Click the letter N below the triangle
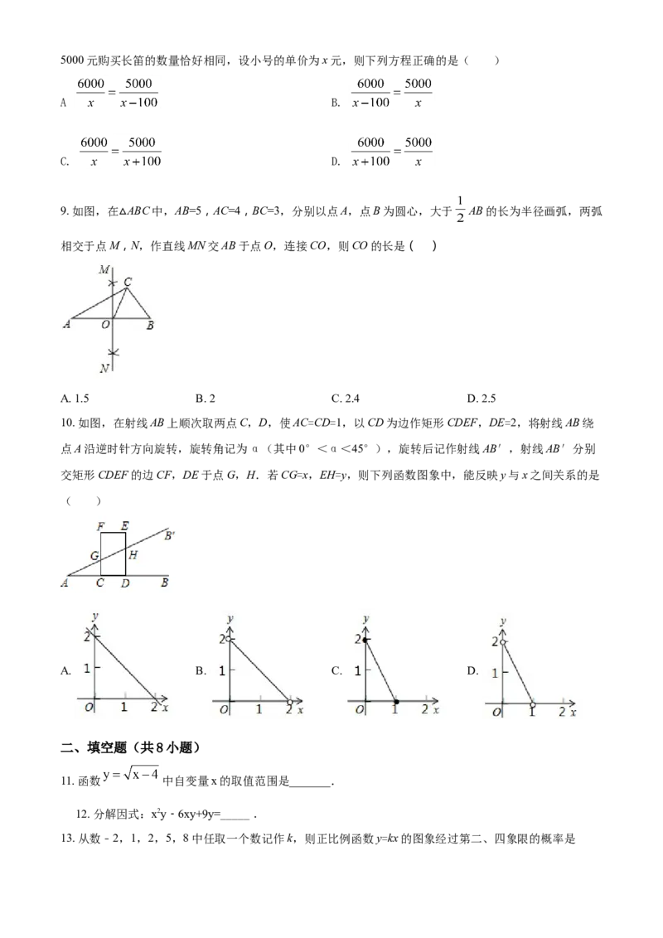pos(104,369)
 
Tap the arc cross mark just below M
pos(114,283)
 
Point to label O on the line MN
pos(105,326)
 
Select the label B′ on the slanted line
pos(171,536)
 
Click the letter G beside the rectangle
pos(94,554)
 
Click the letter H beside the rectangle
pos(133,554)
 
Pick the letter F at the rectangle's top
pos(100,526)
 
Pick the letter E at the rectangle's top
pos(124,526)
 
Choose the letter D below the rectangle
pos(125,584)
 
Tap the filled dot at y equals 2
pos(365,641)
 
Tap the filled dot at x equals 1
pos(395,702)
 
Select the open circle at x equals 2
pos(289,702)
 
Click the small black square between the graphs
pos(199,670)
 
